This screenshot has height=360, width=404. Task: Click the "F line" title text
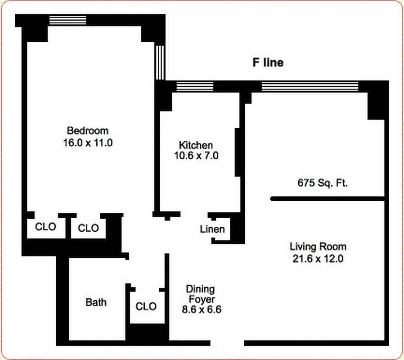(x=268, y=63)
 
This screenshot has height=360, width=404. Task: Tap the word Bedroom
(x=87, y=130)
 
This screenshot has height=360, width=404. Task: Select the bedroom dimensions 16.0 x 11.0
(x=87, y=143)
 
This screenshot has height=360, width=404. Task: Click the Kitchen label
(x=196, y=145)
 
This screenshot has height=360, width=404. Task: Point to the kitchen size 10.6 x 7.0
(x=196, y=156)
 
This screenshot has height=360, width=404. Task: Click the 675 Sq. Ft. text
(x=323, y=183)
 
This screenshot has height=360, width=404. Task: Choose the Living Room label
(x=318, y=247)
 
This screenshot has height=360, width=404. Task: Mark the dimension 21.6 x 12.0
(x=318, y=259)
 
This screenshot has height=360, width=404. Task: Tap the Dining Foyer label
(x=200, y=294)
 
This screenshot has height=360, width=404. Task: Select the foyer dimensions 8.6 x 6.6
(x=200, y=310)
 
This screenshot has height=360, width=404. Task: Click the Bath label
(x=96, y=302)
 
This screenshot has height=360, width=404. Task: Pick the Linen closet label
(x=212, y=229)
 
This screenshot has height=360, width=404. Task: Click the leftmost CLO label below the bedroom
(x=45, y=227)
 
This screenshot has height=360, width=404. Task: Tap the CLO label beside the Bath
(x=146, y=306)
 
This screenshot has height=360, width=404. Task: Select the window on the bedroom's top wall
(x=67, y=20)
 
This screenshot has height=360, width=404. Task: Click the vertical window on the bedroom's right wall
(x=160, y=62)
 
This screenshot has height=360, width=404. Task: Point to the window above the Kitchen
(x=194, y=86)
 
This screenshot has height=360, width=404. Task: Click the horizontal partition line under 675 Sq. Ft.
(x=327, y=198)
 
